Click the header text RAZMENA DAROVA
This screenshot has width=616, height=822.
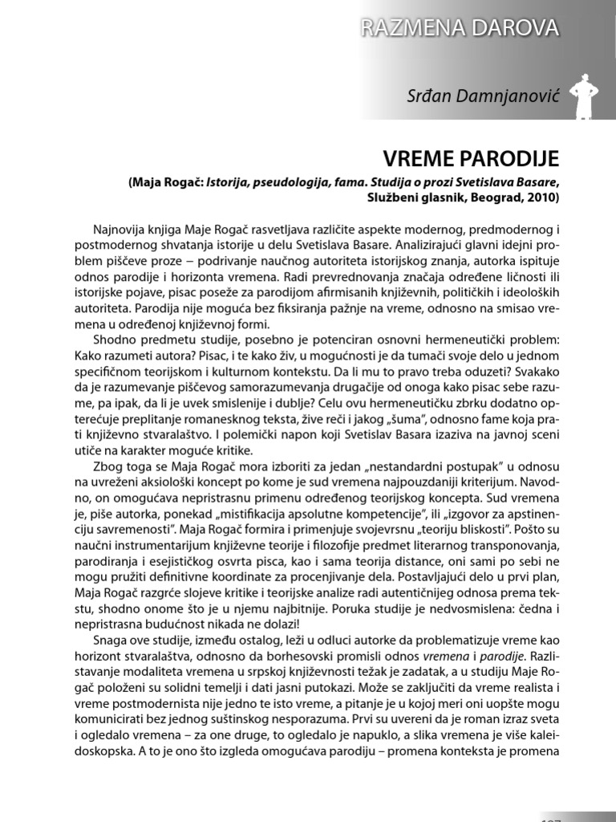coord(460,29)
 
